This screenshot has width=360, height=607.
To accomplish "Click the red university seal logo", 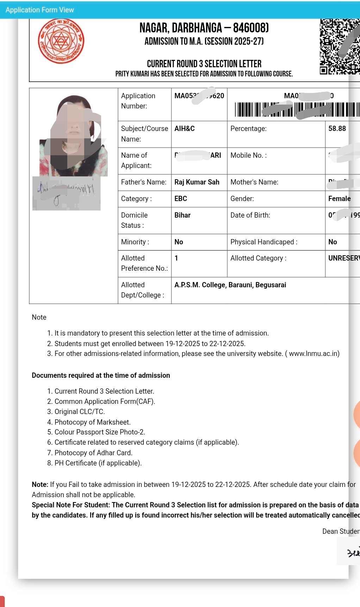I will [61, 41].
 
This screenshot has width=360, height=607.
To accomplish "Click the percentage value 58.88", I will [337, 129].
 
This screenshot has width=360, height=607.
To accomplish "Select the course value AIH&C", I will [185, 129].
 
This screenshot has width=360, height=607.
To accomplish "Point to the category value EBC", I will [181, 199].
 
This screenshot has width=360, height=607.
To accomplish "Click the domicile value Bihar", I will [182, 215].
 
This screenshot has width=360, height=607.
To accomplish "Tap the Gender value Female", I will [339, 199].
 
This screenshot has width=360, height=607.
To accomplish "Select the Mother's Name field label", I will [254, 182].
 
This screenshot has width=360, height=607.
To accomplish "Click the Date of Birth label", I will [250, 215].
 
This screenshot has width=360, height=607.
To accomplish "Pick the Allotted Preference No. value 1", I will [176, 258].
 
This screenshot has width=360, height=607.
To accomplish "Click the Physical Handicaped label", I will [264, 242].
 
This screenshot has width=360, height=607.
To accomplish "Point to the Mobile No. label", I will [248, 155].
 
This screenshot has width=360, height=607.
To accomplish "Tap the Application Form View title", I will [40, 10].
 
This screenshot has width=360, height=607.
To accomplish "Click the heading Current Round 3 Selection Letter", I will [204, 64].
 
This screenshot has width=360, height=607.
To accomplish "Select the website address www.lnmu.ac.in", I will [314, 353].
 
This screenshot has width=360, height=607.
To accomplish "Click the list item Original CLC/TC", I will [80, 412].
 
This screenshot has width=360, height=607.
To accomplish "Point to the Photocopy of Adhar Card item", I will [93, 453].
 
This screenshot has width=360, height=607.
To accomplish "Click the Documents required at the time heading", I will [101, 375].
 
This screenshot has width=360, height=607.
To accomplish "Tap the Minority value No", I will [179, 242].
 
